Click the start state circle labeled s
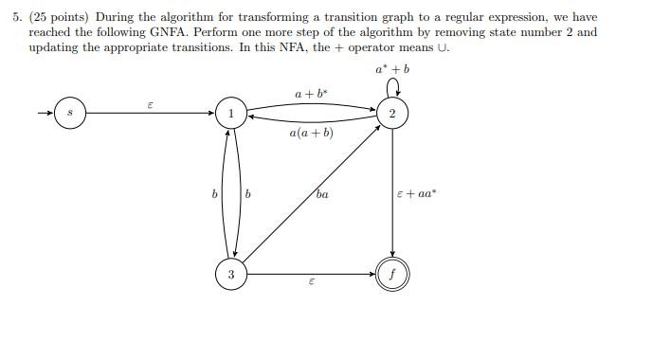69,114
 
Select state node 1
230,114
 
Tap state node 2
391,114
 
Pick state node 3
230,275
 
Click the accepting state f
391,275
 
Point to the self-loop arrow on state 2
391,90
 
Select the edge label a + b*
311,93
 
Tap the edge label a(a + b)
312,134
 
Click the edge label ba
322,195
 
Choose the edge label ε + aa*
417,194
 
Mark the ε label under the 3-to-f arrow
311,285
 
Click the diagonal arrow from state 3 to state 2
311,194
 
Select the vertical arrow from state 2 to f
391,194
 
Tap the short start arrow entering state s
44,114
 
